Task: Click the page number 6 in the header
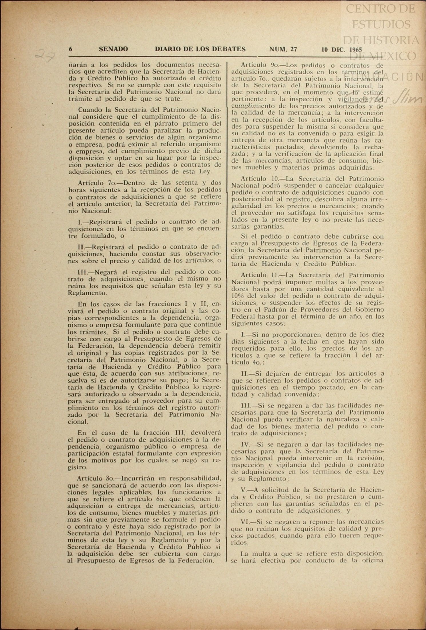71,49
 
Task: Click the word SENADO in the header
113,49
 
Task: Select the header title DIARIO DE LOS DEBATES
200,49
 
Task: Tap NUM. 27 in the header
283,49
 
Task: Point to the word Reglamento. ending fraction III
87,293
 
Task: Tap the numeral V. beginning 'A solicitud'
244,490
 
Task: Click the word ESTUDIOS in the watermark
381,24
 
